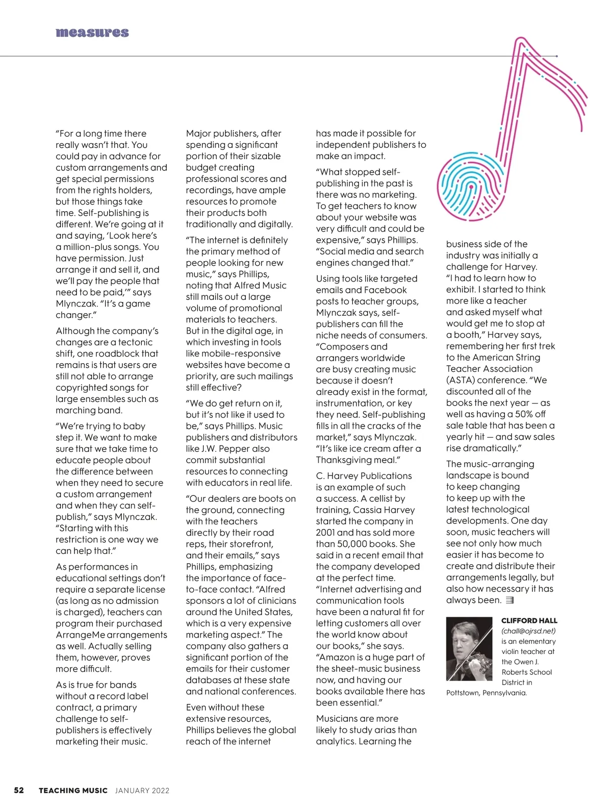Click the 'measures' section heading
92,33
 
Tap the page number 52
19,790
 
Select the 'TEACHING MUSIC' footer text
73,791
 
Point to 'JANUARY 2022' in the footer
142,791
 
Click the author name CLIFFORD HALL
529,621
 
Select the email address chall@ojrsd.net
528,631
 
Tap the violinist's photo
469,649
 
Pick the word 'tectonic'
135,342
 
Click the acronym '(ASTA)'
461,380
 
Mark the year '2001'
326,533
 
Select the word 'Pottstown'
463,693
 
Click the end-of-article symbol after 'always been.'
509,600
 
